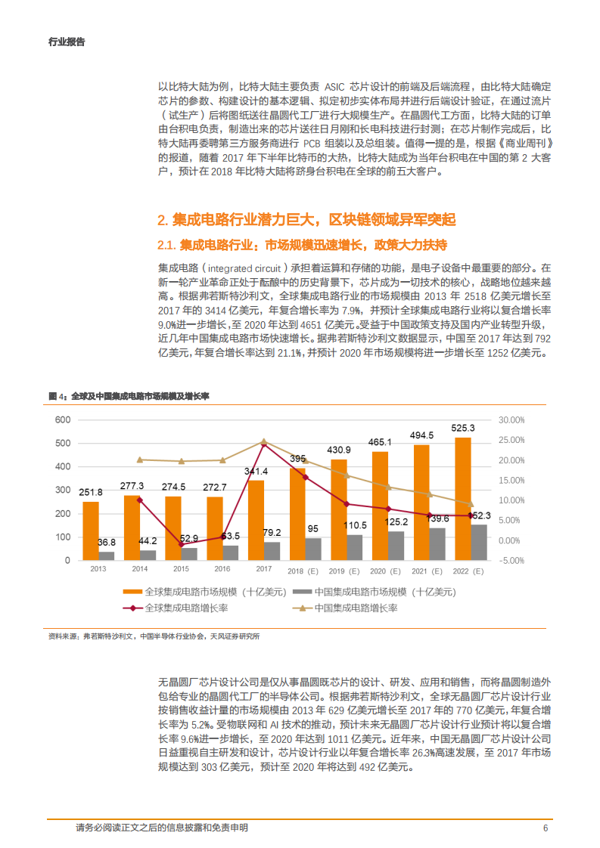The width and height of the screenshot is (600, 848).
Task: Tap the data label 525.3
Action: [x=462, y=428]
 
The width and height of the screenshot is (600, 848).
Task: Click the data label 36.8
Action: [x=107, y=542]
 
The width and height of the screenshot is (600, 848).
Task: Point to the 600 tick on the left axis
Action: [x=63, y=419]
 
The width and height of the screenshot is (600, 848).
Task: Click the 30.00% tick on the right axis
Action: [x=511, y=419]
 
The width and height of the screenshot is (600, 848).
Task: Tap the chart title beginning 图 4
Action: [x=128, y=396]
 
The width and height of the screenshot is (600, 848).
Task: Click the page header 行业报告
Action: [x=67, y=42]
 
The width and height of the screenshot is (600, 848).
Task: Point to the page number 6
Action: [x=545, y=828]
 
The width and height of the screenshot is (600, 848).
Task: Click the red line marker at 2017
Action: [x=264, y=444]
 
